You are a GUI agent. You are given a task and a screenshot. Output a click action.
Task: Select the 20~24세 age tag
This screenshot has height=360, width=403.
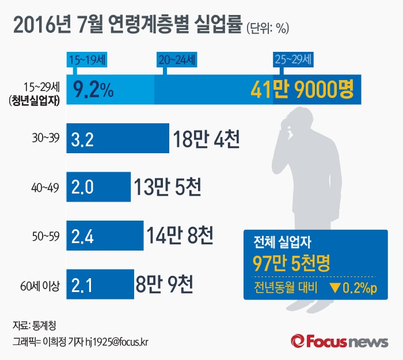176,59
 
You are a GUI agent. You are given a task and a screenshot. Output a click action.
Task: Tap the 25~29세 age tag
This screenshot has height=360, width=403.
292,59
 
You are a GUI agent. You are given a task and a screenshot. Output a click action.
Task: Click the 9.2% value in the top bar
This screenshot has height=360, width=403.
93,90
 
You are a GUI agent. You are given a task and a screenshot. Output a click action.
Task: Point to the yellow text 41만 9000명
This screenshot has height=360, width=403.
302,90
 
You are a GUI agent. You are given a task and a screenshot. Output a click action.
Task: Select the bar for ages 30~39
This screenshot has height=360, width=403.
118,138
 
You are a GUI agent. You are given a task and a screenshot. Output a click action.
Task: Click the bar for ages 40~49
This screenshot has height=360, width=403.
98,187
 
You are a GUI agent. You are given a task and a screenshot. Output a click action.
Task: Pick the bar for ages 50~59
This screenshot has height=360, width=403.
105,235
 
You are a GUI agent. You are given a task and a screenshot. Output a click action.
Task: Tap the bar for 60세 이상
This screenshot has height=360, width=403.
100,283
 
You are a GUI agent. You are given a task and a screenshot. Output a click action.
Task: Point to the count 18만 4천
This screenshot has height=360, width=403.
206,139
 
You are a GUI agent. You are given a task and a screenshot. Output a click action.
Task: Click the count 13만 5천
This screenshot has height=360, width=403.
167,187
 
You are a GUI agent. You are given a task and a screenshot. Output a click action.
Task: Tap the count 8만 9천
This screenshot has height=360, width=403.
164,283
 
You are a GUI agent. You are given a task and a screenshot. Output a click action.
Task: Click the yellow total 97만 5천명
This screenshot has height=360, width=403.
291,263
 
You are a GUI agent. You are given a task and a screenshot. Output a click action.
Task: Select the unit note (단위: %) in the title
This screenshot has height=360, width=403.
267,27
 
